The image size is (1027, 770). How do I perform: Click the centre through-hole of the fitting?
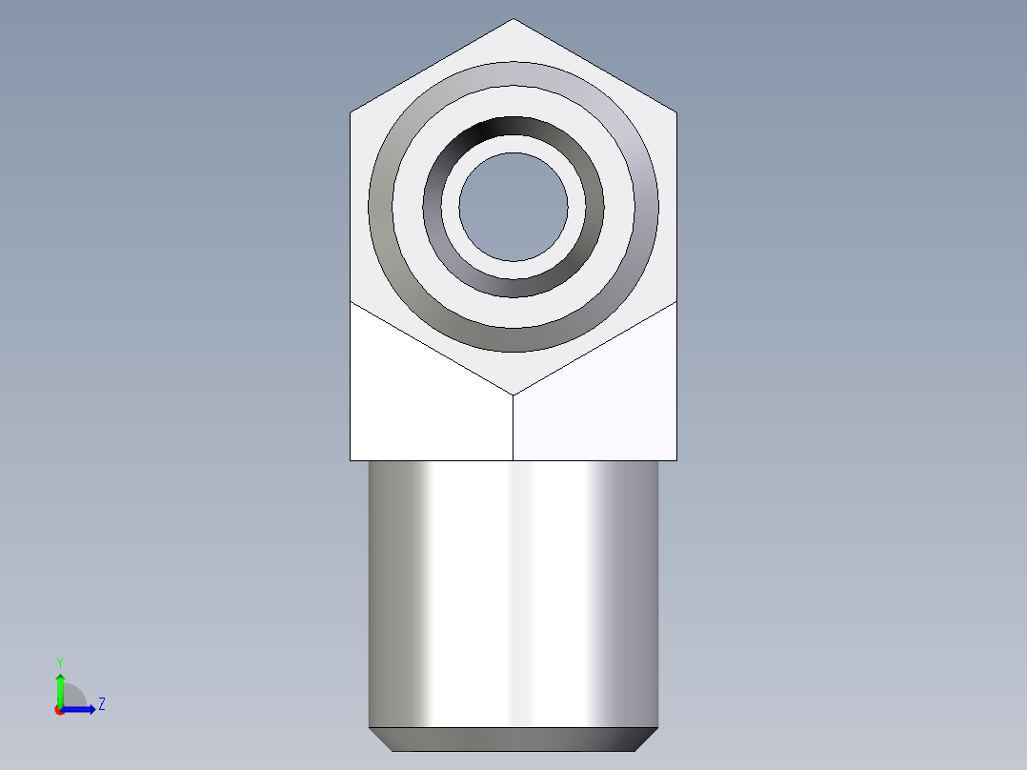point(513,206)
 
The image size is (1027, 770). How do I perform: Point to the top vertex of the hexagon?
point(513,19)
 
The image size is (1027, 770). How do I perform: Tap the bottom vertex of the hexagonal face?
point(513,395)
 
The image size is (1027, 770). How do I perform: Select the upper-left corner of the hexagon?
point(351,113)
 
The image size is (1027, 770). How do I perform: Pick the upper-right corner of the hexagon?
point(677,113)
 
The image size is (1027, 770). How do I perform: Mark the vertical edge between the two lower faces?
point(513,429)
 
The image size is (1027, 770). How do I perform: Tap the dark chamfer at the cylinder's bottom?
point(513,739)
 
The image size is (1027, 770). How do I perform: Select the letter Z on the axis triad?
point(101,704)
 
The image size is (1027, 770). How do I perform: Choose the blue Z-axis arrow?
point(80,709)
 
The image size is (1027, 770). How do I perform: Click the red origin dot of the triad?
point(59,710)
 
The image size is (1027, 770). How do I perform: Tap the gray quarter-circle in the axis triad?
point(74,696)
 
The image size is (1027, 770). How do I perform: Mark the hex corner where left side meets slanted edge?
point(351,301)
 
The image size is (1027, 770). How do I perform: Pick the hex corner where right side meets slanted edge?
point(677,301)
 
